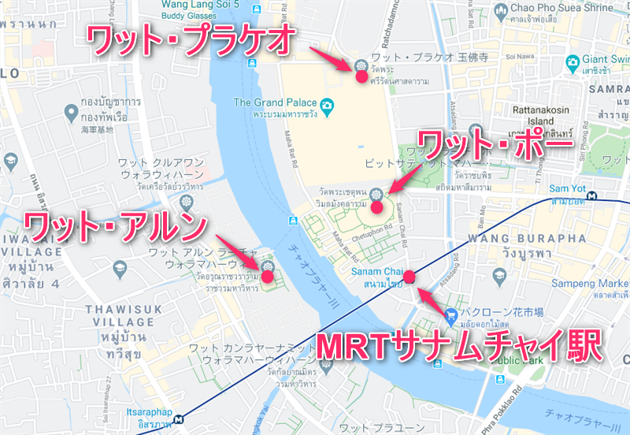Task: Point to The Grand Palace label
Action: tap(274, 102)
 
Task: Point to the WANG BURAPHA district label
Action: tap(538, 237)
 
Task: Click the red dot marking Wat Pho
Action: tap(376, 208)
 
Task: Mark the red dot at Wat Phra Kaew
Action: tap(360, 77)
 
